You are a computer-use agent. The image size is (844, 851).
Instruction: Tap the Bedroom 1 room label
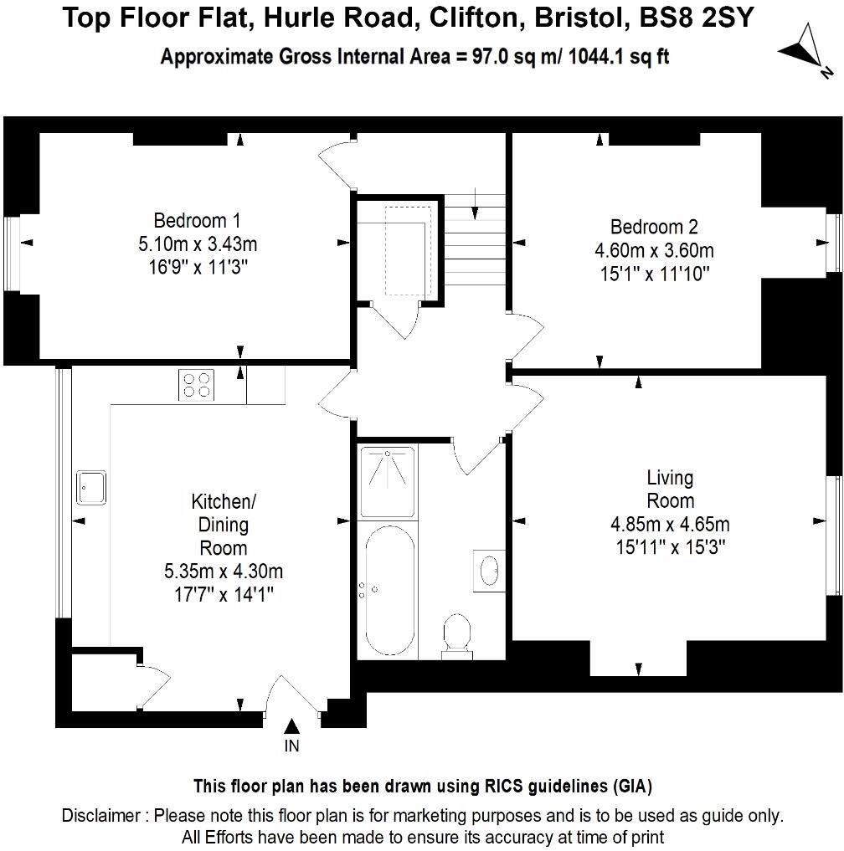197,221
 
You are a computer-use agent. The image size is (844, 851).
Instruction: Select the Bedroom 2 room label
654,227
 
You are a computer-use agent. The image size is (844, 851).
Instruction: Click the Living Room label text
670,490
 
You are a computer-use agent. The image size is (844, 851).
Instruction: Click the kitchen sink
91,487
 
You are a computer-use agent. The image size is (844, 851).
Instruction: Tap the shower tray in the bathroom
387,481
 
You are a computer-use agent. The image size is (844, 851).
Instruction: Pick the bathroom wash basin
488,572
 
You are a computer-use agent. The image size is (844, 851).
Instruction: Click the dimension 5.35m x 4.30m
224,572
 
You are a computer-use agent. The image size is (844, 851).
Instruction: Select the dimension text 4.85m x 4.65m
670,525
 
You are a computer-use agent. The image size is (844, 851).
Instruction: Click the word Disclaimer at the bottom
100,815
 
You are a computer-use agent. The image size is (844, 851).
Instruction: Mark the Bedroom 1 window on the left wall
12,254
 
